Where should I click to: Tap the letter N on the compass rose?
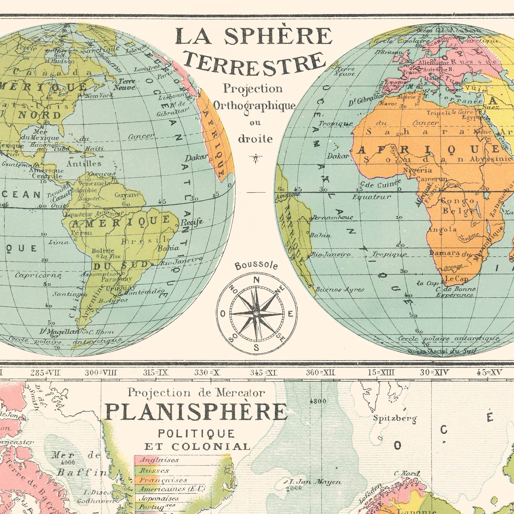(256, 280)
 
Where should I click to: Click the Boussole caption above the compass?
(256, 265)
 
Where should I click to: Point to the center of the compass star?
(256, 314)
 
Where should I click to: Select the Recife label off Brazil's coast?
(192, 222)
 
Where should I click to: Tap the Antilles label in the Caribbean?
(84, 163)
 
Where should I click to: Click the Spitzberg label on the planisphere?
(395, 418)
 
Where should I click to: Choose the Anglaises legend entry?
(159, 460)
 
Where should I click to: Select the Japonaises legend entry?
(159, 498)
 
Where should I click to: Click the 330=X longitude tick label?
(207, 372)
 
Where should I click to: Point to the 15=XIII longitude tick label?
(381, 372)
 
